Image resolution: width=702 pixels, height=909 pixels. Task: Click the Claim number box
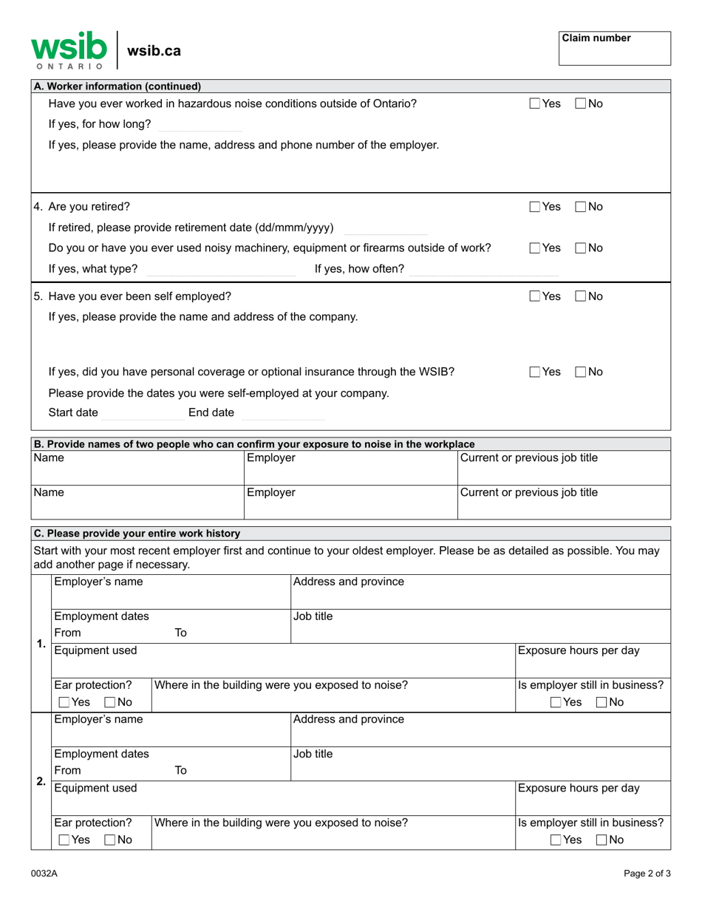(x=614, y=49)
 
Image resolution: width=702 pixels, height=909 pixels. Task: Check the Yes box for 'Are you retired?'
(x=535, y=207)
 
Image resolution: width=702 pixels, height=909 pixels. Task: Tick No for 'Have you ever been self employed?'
(x=581, y=297)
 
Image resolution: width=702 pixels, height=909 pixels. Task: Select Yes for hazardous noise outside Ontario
(x=535, y=104)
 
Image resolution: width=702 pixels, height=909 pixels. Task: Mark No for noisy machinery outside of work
(x=581, y=248)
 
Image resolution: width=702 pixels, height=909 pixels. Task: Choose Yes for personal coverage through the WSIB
(x=535, y=372)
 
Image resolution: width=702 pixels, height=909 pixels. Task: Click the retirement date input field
(x=385, y=228)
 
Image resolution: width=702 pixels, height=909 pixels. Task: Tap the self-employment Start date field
(x=142, y=413)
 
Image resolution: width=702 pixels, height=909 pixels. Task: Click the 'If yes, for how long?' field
(x=200, y=124)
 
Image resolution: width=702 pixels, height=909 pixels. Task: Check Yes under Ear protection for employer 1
(x=64, y=702)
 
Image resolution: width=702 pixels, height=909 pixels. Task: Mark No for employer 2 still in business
(x=602, y=840)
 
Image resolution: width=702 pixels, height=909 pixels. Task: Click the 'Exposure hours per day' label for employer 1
(x=579, y=651)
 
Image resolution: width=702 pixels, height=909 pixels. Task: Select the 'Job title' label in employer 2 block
(x=313, y=755)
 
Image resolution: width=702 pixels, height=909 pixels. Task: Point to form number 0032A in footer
(x=44, y=874)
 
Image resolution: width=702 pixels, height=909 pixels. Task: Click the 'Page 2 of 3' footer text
(x=647, y=874)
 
